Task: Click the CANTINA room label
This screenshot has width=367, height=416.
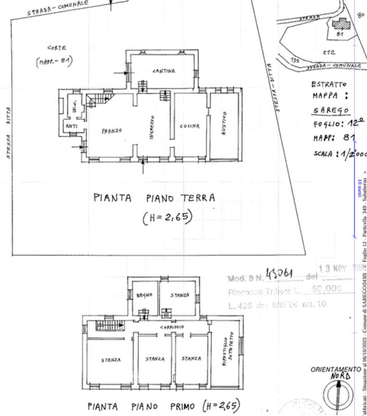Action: click(x=163, y=70)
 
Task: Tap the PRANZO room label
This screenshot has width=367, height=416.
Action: click(x=112, y=130)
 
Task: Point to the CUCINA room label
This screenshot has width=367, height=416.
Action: click(x=190, y=126)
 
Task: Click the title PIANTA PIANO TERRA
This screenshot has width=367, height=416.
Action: click(x=154, y=198)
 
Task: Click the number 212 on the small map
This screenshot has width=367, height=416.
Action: click(x=328, y=52)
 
